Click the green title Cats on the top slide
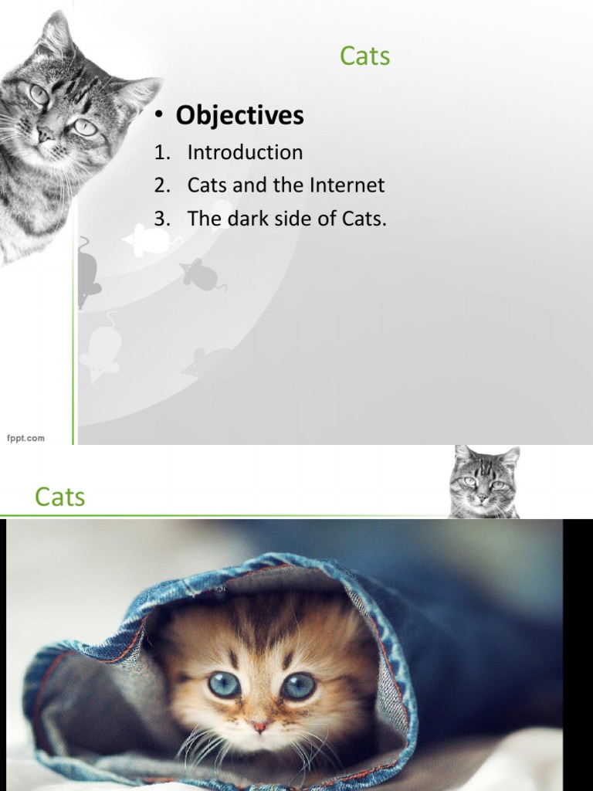[364, 56]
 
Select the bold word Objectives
[239, 116]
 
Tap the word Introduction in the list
[245, 152]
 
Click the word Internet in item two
[347, 185]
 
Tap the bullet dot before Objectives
[158, 117]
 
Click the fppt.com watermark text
[26, 438]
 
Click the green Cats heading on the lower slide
[59, 497]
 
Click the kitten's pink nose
[259, 727]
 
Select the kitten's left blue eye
[224, 684]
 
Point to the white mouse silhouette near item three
[148, 240]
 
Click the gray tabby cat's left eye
[39, 94]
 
